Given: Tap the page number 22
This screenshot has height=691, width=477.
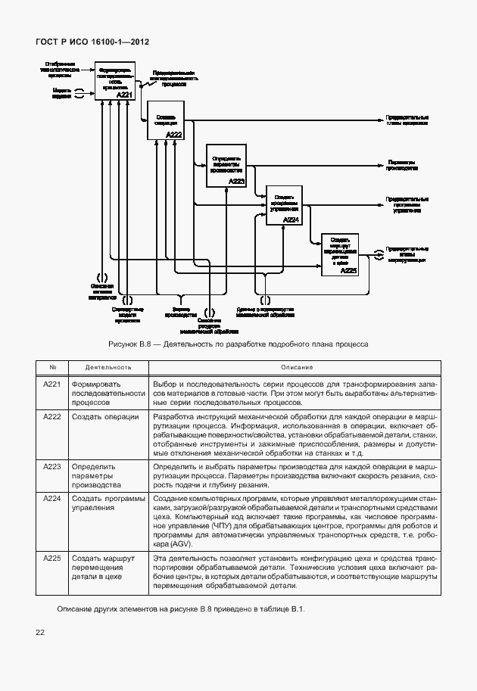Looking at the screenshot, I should pos(39,631).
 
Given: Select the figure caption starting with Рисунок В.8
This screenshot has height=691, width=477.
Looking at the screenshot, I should pos(238,344).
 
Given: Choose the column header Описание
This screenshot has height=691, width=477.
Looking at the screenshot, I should pos(292,367).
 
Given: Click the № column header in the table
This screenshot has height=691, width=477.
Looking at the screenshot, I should pos(52,367).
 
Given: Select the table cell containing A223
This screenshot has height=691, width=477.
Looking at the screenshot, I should pos(52,468).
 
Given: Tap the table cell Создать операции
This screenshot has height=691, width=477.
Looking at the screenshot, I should pos(105,417).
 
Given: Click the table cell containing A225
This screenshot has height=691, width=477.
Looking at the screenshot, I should pos(52,558).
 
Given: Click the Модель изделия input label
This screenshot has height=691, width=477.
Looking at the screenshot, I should pos(62,93).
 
